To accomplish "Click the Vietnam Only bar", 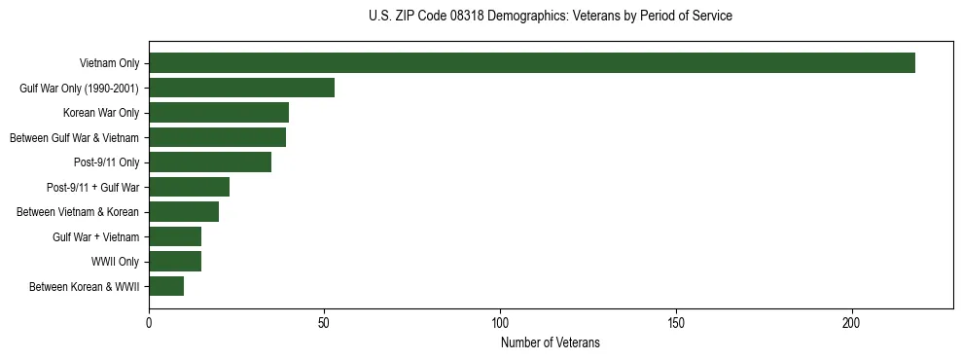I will pos(531,63).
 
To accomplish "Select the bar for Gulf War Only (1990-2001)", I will pos(241,88).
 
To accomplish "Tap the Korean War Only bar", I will pos(219,113).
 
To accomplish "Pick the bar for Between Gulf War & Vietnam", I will pos(217,137).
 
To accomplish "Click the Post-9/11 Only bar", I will pos(210,162).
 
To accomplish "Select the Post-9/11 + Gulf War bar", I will pos(189,187).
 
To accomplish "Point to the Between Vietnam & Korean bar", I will pos(184,212).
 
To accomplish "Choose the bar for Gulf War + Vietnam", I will pos(175,236).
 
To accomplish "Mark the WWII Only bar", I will pos(175,262).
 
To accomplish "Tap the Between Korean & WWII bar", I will pos(166,286).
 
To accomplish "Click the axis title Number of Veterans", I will pos(550,343).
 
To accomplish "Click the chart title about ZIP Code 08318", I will pos(550,17).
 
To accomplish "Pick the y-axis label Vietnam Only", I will pos(109,63).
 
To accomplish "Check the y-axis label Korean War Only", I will pos(108,113).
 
